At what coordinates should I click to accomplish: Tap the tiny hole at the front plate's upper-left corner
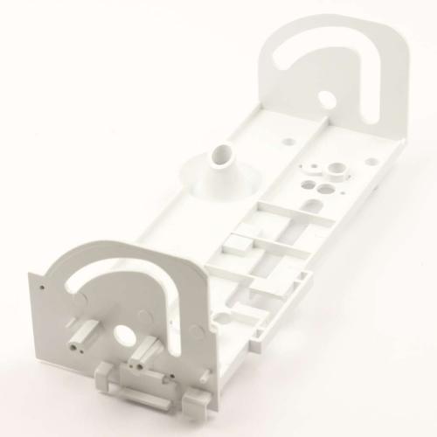coord(42,285)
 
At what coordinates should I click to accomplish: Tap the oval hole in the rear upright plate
coord(325,101)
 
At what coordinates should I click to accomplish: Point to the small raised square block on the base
coord(233,242)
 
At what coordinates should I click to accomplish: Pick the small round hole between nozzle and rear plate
coord(282,138)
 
